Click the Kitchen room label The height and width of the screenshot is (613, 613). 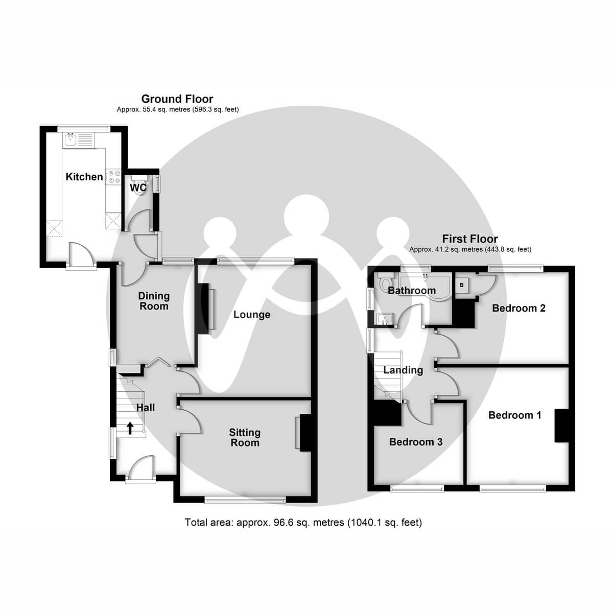pos(84,177)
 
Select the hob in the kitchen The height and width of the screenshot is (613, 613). pos(113,177)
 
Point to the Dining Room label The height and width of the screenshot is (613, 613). pos(154,301)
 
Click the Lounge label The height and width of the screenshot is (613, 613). pos(251,315)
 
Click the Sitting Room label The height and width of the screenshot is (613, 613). pos(245,438)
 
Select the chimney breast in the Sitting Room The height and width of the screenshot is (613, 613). pos(305,433)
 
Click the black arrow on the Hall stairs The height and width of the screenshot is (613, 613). pos(130,428)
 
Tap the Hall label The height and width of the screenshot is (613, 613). pos(145,408)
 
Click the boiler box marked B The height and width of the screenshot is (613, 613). pos(462,285)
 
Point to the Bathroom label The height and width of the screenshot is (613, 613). pos(412,291)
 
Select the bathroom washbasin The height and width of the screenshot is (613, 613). pos(384,319)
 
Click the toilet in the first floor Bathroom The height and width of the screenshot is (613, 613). pos(385,281)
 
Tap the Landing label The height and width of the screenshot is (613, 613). pos(403,370)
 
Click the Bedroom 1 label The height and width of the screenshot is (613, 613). pos(514,415)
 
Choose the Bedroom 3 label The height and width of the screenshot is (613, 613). pos(416,442)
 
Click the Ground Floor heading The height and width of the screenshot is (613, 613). pos(177,99)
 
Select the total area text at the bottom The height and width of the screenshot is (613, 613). pos(303,523)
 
